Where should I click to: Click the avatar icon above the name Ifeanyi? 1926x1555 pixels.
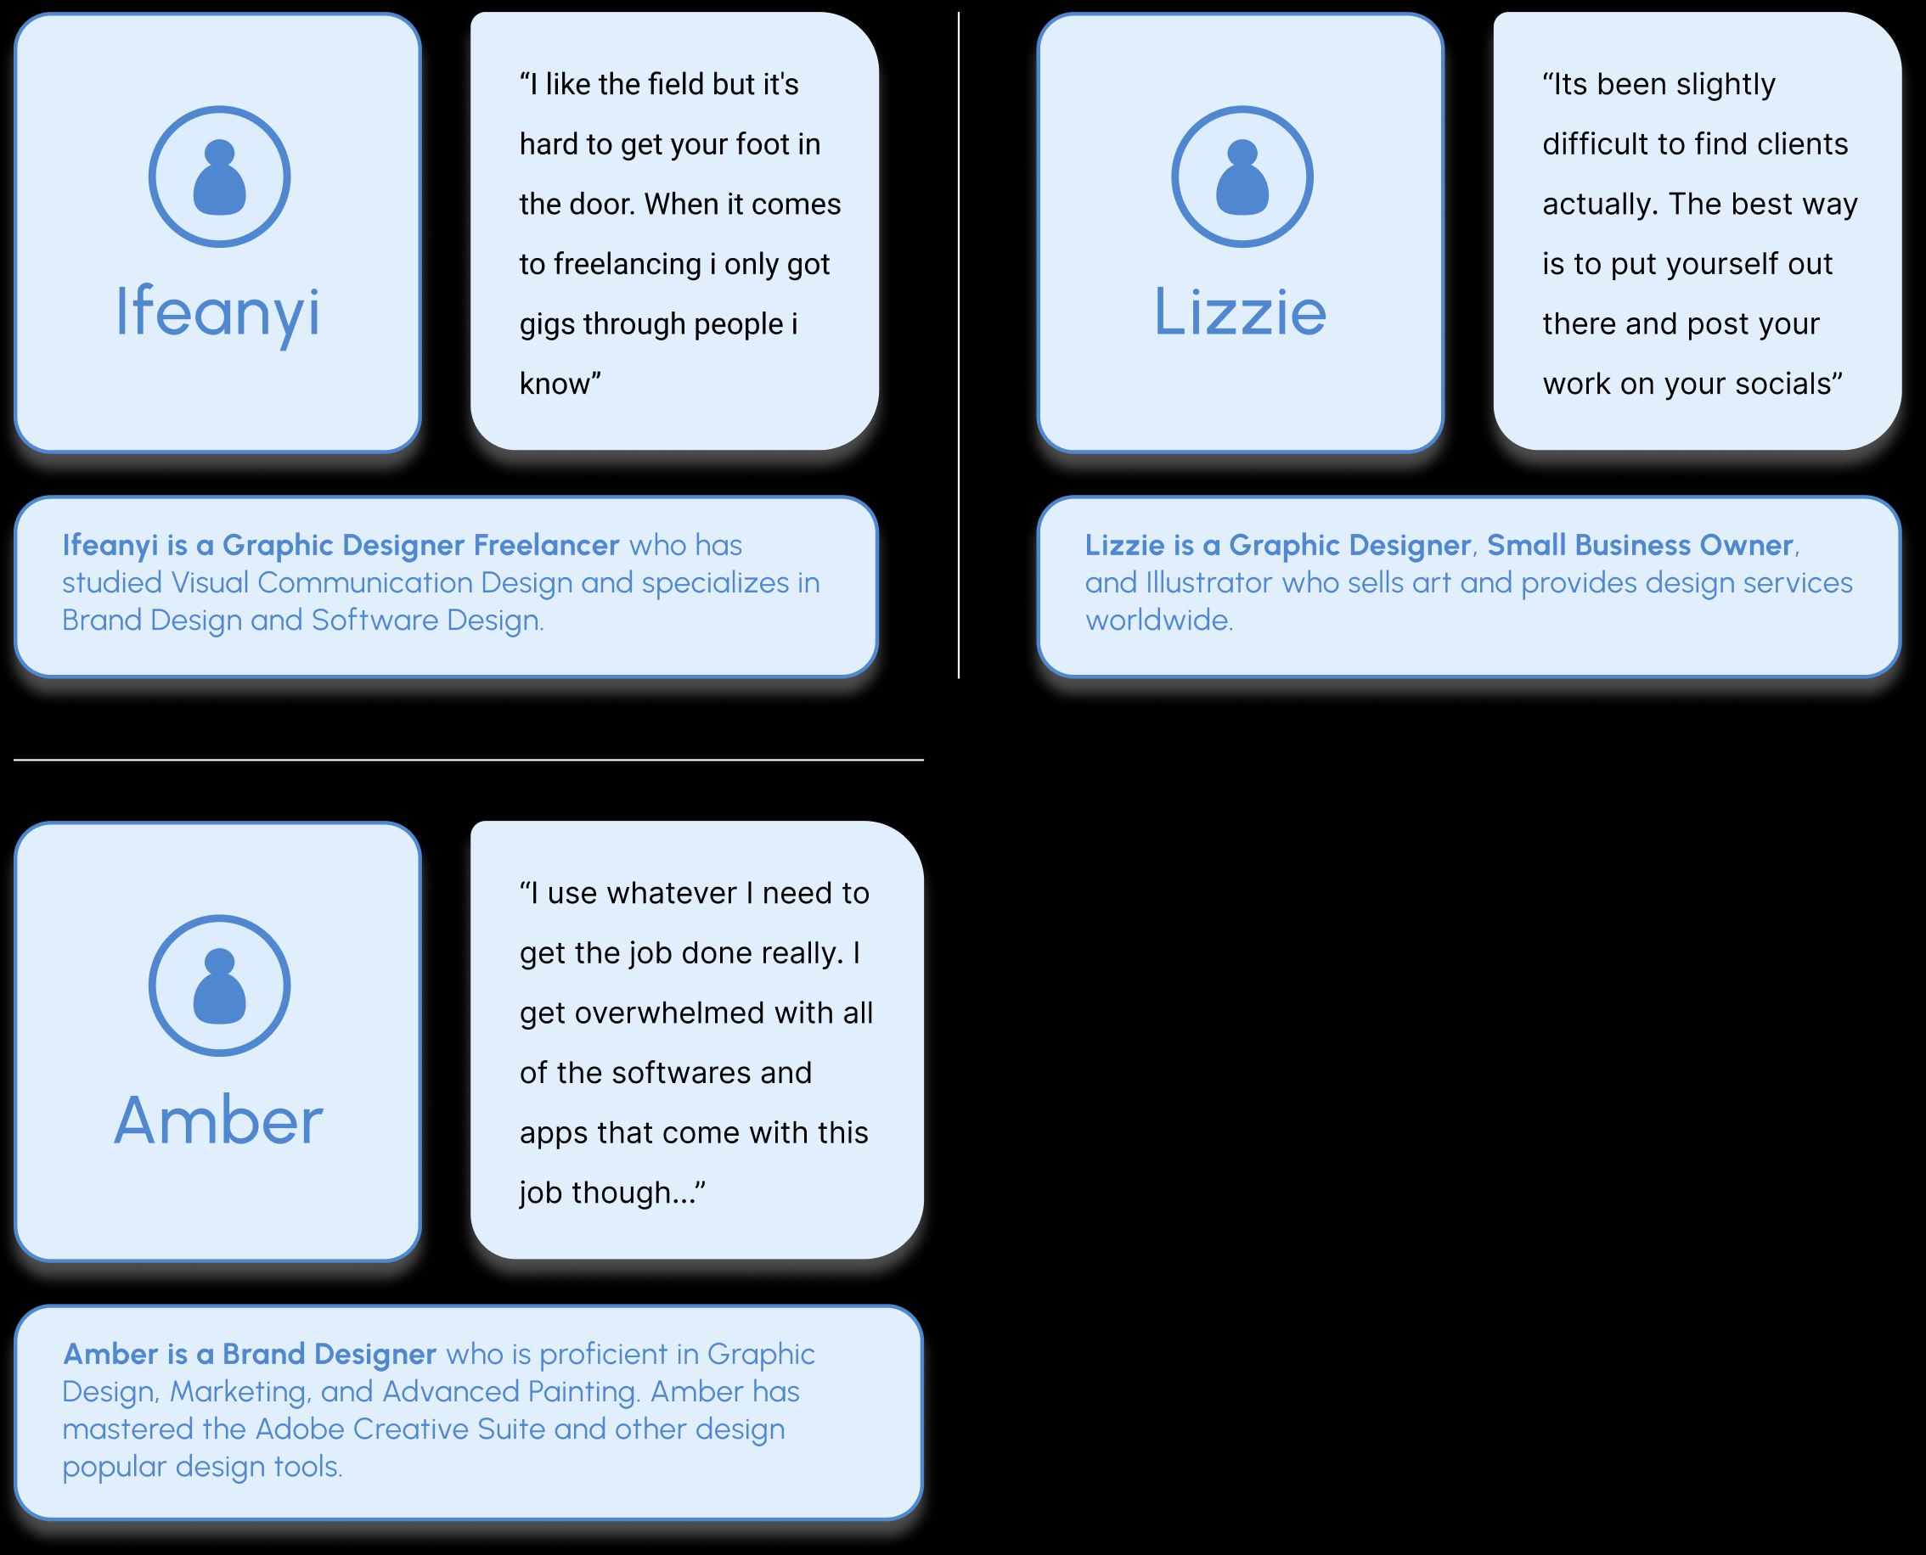[x=219, y=177]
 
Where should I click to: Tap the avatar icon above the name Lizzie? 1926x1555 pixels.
[x=1242, y=177]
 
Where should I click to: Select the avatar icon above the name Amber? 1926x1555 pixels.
[x=219, y=985]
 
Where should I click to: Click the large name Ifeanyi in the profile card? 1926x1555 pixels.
[x=217, y=312]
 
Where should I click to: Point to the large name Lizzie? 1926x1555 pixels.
[x=1240, y=312]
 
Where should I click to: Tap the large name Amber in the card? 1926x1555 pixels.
[x=217, y=1120]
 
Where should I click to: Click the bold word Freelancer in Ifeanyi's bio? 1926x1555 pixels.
[x=546, y=545]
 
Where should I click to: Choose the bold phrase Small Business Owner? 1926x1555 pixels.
[x=1639, y=545]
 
